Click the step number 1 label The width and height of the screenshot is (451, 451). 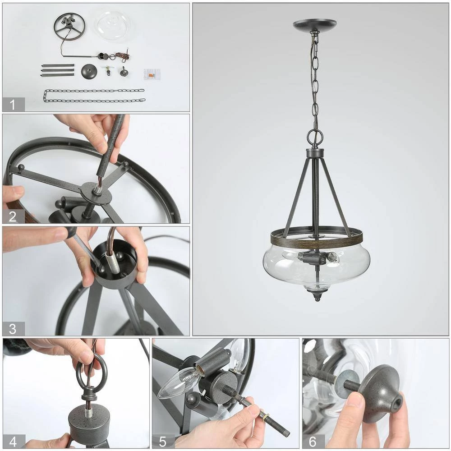[x=12, y=105]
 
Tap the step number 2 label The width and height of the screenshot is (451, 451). [x=12, y=216]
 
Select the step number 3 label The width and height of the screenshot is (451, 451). [x=12, y=328]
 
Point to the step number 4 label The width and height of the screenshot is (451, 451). [x=13, y=442]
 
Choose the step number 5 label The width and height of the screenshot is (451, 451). [x=162, y=442]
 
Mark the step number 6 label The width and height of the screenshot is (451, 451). [x=313, y=442]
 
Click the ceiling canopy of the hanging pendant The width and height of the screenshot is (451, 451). [x=315, y=24]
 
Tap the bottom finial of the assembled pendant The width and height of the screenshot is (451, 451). [x=317, y=295]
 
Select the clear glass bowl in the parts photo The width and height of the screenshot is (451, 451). [x=113, y=23]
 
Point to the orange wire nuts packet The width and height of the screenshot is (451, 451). [x=152, y=74]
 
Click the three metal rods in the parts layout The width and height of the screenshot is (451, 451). [x=58, y=70]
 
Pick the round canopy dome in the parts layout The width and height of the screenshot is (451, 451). [x=89, y=71]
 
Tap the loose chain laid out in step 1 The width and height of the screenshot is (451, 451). [x=94, y=96]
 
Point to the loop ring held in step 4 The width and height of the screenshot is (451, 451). [x=92, y=370]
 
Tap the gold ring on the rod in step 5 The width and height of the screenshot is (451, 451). [x=266, y=417]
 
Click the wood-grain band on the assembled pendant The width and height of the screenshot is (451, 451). [x=317, y=241]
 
